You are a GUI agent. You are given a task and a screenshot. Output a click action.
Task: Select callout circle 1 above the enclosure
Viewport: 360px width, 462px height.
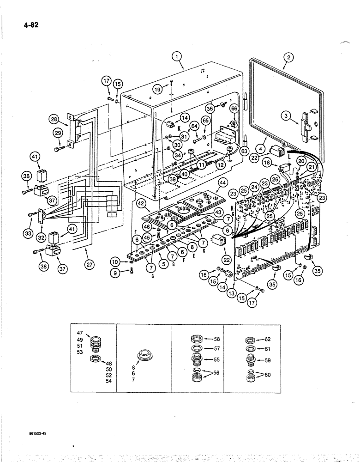pos(178,58)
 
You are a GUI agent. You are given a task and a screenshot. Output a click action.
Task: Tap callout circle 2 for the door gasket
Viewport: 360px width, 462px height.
pos(288,58)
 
